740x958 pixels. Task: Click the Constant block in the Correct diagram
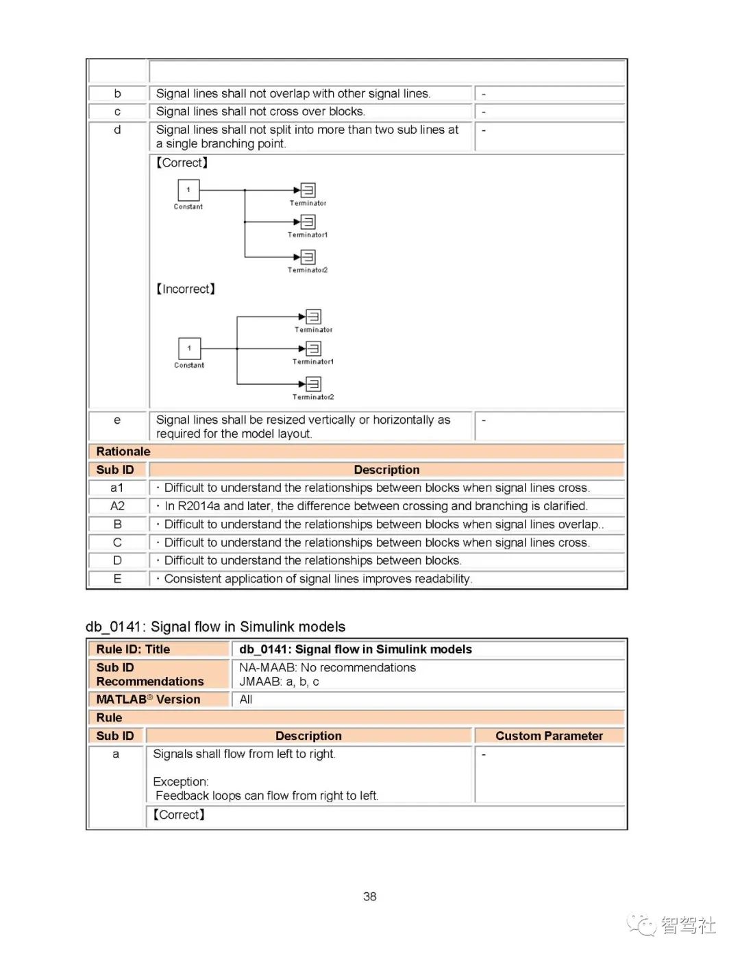coord(188,190)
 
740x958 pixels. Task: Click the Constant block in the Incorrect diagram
coord(189,348)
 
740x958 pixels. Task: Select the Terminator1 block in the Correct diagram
coord(308,221)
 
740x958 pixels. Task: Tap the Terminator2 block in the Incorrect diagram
coord(313,384)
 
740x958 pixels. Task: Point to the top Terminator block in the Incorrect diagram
coord(313,316)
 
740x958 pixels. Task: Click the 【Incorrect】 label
coord(186,289)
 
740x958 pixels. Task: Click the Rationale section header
coord(123,451)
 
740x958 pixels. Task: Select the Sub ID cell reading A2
coord(118,506)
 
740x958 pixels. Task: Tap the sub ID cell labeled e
coord(117,420)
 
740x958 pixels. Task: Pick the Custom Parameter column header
coord(549,736)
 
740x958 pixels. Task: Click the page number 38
coord(370,896)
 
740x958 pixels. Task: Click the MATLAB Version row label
coord(148,699)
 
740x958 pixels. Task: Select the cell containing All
coord(246,699)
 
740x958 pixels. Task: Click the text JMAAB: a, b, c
coord(279,682)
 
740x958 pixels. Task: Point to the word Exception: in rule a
coord(181,782)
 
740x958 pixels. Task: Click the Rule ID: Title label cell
coord(133,649)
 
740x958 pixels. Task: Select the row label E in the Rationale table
coord(118,579)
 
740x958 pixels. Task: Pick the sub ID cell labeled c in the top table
coord(117,112)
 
